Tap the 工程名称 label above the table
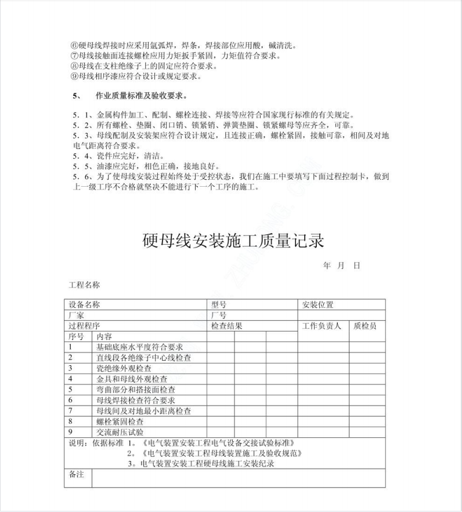point(85,285)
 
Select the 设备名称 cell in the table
point(85,304)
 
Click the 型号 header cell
point(219,304)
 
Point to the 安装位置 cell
point(318,304)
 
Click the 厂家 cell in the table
point(77,315)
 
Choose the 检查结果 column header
point(227,326)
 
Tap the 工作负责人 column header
point(322,326)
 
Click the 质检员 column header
point(365,326)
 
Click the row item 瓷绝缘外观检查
point(124,368)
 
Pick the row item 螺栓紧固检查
point(120,422)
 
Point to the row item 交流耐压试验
point(120,433)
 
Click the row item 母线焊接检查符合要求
point(136,400)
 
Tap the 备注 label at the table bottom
point(77,475)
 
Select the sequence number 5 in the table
point(70,390)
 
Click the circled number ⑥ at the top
point(74,45)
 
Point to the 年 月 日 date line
point(342,265)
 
